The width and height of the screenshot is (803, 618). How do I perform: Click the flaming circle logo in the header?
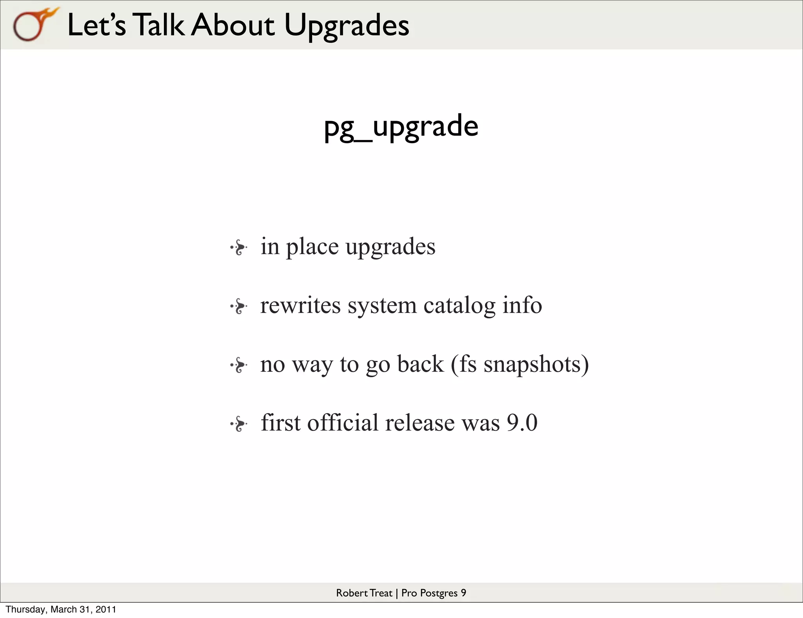pos(33,25)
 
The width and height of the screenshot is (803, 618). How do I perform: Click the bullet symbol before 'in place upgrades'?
pos(239,248)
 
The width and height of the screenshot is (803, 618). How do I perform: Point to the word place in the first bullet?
pos(312,247)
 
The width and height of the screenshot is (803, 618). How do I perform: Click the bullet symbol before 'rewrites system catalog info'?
pos(239,306)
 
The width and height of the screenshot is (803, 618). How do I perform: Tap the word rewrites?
pos(300,305)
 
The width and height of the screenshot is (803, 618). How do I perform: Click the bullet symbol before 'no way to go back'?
pos(239,365)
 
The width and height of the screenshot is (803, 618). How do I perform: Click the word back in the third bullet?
pos(420,364)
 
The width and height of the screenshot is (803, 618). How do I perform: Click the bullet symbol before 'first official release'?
pos(239,424)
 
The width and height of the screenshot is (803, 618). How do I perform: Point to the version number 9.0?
pos(522,423)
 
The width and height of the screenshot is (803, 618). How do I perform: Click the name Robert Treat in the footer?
pos(364,593)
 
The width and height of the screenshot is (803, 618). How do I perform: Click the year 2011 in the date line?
pos(106,609)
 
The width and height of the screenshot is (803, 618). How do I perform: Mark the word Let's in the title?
pos(96,25)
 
